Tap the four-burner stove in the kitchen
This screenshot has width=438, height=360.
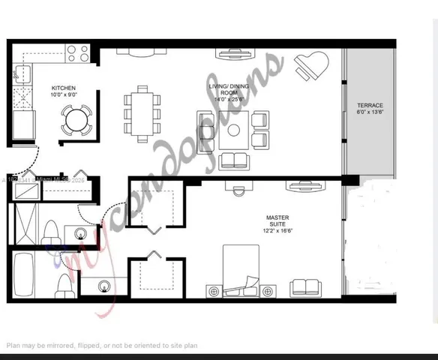77,53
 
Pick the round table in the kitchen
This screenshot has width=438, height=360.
76,118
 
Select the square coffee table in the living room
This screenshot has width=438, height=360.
233,130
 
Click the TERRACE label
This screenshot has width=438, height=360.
370,105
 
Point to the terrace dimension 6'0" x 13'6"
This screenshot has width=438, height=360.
370,112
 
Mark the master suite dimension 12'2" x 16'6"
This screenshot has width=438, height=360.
277,231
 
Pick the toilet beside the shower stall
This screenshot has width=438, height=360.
51,229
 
